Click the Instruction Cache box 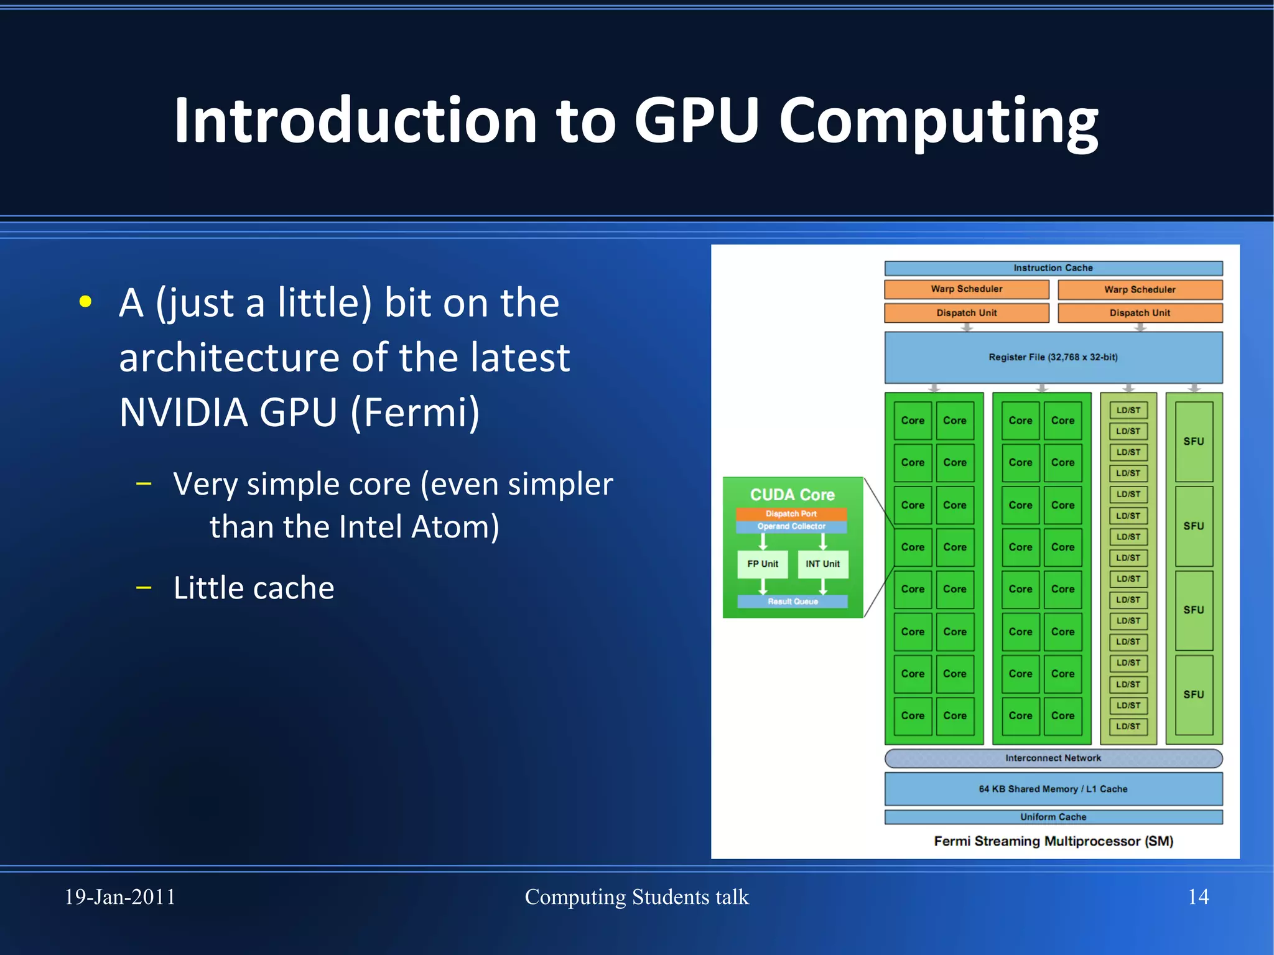coord(1053,268)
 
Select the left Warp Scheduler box coord(966,289)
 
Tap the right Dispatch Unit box coord(1140,313)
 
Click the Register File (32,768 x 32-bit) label coord(1053,357)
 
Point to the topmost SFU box coord(1194,441)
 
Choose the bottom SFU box coord(1194,694)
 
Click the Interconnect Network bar coord(1053,758)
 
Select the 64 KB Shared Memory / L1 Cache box coord(1053,789)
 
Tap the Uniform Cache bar coord(1053,817)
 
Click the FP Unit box coord(763,564)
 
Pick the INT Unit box coord(822,564)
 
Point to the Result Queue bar coord(793,602)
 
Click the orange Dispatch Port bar coord(791,514)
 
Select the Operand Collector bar coord(791,526)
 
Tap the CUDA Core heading coord(793,495)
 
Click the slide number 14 coord(1198,897)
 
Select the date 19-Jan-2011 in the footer coord(120,897)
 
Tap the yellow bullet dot coord(86,302)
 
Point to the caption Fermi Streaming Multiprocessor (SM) coord(1053,842)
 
